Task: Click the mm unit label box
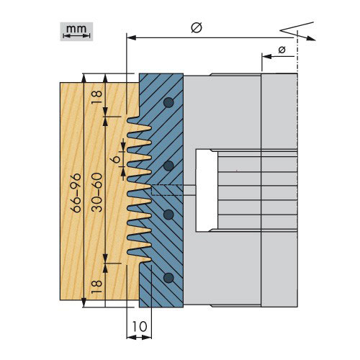coord(76,32)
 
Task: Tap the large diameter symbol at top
coord(197,27)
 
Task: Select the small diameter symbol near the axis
coord(282,50)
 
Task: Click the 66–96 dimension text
coord(76,193)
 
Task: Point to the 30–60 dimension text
coord(97,192)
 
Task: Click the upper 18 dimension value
coord(97,97)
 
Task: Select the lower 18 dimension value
coord(97,287)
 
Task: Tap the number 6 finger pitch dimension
coord(117,159)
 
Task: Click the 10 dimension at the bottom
coord(140,326)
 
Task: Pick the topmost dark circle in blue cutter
coord(168,102)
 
